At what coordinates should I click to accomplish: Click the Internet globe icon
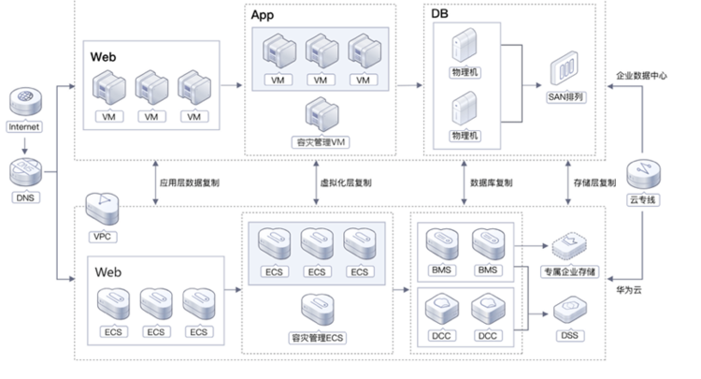point(25,101)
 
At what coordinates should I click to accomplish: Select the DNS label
point(25,197)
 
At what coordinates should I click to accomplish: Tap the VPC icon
point(103,209)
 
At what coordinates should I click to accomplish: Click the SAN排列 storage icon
point(565,68)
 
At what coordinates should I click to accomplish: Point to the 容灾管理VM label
point(321,142)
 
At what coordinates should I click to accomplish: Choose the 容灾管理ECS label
point(318,338)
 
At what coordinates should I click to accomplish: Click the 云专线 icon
point(643,174)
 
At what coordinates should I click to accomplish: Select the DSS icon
point(569,310)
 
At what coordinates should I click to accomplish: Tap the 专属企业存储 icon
point(569,246)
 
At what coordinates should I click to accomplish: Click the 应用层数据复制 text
point(190,182)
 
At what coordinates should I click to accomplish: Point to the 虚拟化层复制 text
point(346,182)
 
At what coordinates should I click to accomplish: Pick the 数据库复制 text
point(491,182)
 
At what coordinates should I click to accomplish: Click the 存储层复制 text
point(594,182)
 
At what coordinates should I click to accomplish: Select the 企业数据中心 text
point(641,76)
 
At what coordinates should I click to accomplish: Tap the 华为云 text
point(629,290)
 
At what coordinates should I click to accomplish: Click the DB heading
point(439,13)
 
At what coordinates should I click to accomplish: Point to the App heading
point(263,15)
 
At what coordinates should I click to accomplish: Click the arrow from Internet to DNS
point(24,146)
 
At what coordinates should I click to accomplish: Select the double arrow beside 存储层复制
point(567,183)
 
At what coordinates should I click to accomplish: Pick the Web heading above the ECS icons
point(107,272)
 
